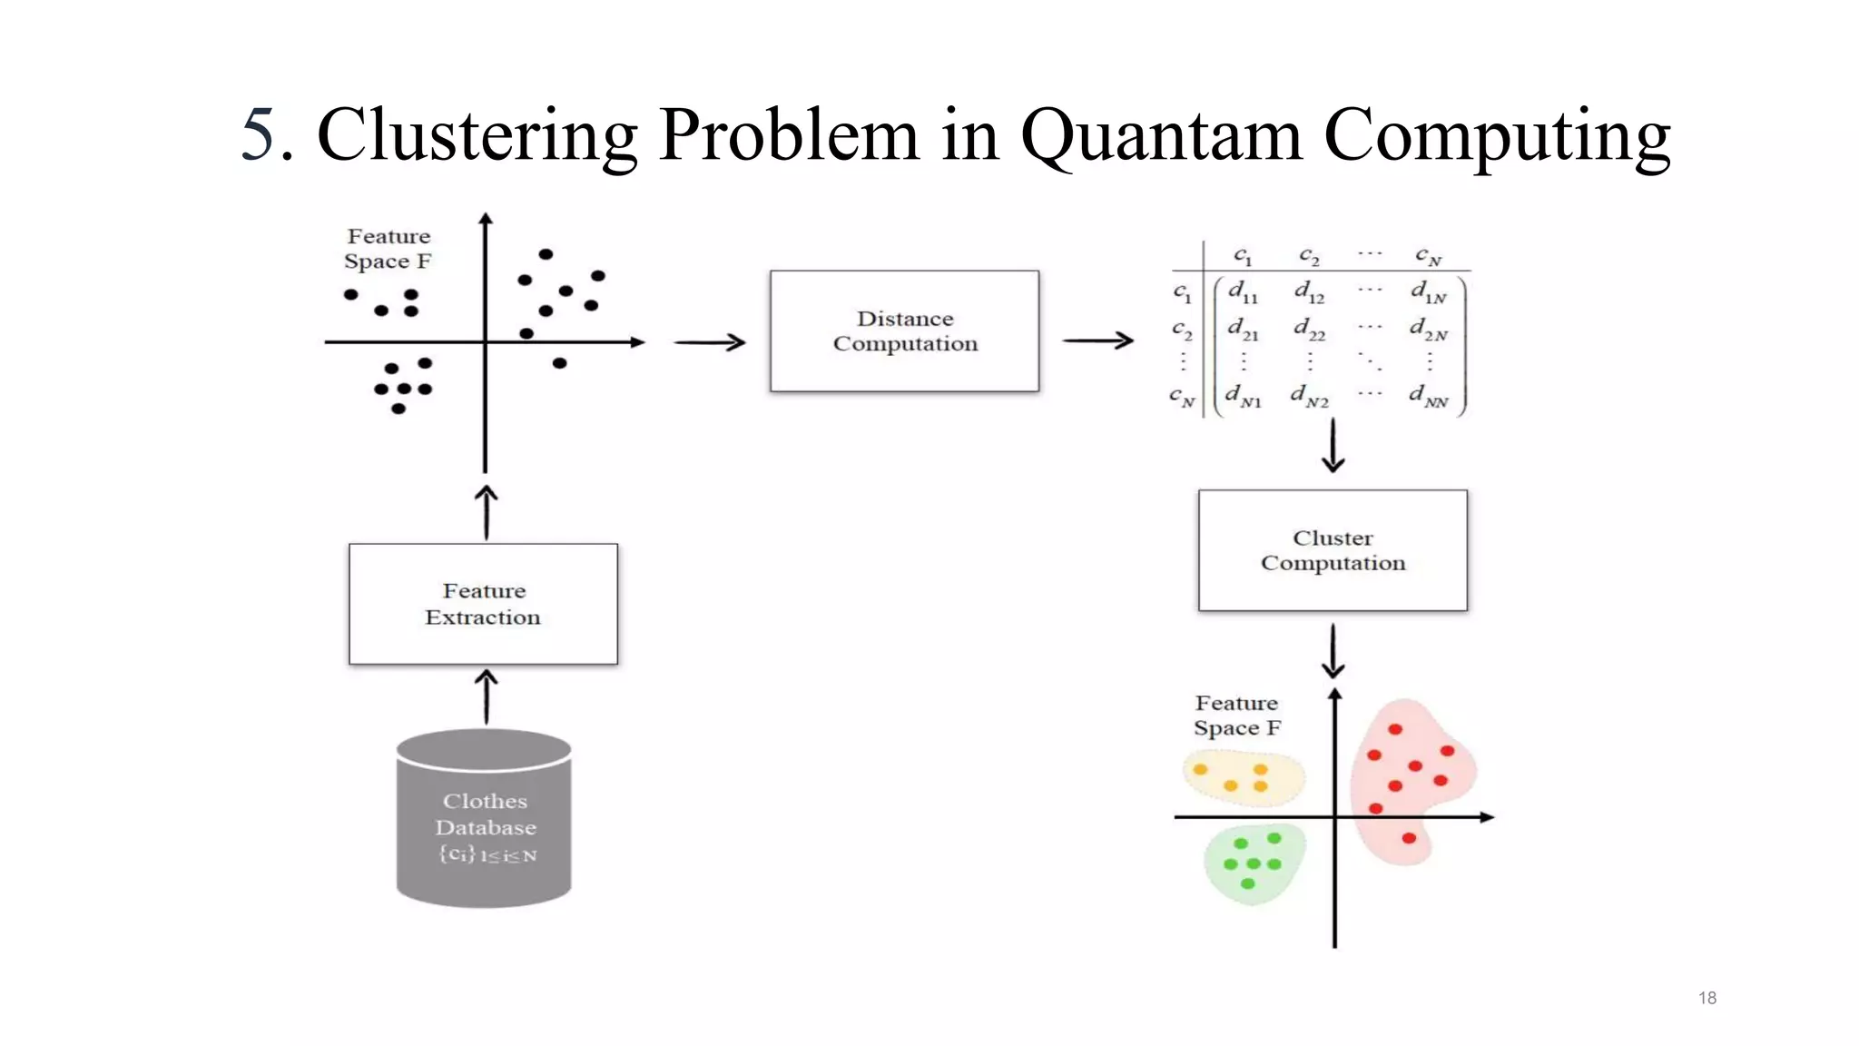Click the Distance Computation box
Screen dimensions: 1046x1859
point(904,331)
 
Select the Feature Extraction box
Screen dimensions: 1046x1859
point(483,604)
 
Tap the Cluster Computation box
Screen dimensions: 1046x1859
point(1333,550)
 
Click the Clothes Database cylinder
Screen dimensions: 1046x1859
point(484,822)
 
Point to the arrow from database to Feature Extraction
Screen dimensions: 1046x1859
point(487,696)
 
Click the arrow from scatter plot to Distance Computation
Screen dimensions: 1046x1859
point(709,342)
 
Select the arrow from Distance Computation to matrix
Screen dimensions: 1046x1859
point(1097,340)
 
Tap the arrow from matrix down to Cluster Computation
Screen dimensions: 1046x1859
point(1333,446)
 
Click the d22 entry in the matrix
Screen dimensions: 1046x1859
point(1309,329)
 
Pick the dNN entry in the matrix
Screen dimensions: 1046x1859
point(1429,396)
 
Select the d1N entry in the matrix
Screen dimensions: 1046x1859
point(1428,291)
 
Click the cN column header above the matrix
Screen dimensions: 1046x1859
point(1428,256)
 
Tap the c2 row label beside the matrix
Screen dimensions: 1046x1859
point(1181,329)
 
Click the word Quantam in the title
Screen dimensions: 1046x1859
point(1161,136)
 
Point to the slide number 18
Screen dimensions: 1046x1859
point(1707,998)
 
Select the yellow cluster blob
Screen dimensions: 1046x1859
point(1242,778)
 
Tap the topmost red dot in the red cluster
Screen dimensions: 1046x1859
point(1395,729)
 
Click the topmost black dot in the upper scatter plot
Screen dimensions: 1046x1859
point(546,254)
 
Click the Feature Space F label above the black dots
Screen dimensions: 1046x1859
point(388,249)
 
